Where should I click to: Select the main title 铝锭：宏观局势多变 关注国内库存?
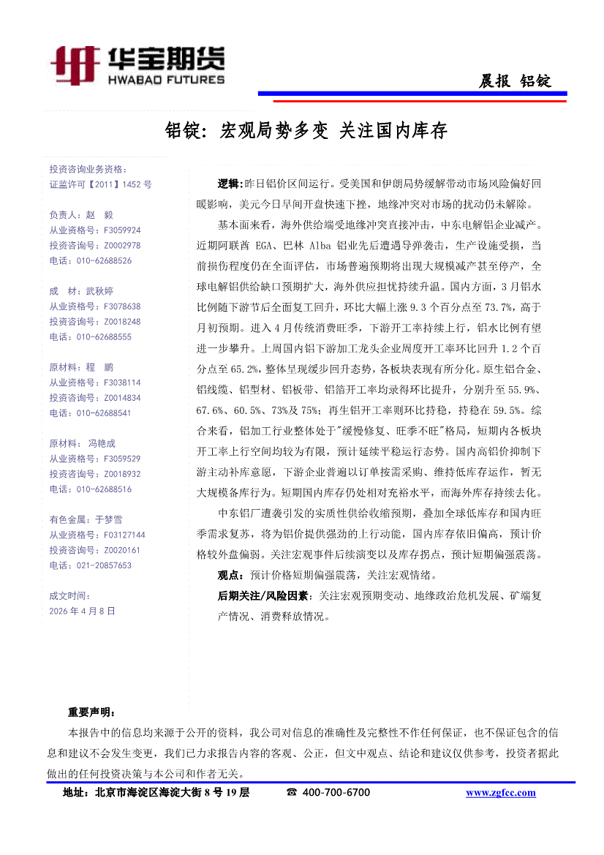click(x=306, y=131)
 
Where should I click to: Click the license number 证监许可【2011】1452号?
click(x=100, y=185)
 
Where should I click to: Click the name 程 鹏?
click(x=100, y=367)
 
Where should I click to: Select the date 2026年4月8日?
click(x=82, y=611)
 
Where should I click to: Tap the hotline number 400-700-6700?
click(x=336, y=793)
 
